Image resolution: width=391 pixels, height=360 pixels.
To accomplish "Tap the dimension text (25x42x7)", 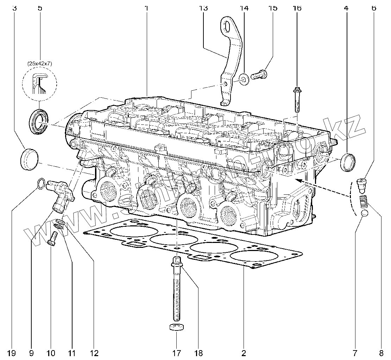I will coord(39,64).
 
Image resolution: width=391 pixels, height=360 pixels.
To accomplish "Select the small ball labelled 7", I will coord(365,214).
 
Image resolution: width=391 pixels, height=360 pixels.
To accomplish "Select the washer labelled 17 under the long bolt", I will coord(176,328).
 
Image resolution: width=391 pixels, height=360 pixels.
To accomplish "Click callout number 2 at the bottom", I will coord(243,352).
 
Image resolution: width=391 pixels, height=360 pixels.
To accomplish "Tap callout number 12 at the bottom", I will coord(94,352).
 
